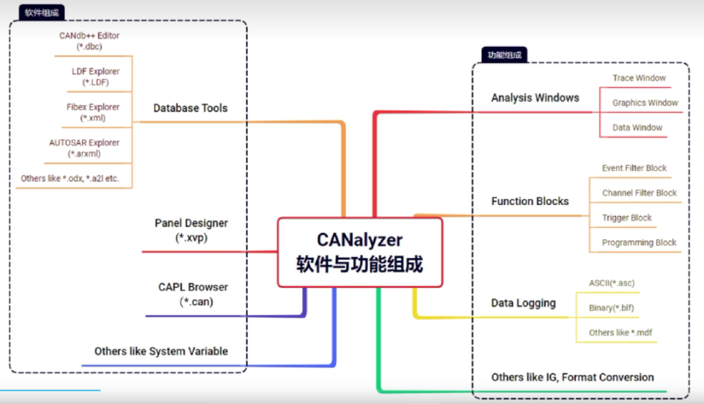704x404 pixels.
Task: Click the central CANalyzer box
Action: [360, 251]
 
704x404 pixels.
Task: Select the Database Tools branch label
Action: [190, 108]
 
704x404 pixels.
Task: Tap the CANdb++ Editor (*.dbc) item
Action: [89, 40]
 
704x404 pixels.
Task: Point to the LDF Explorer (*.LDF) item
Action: [95, 76]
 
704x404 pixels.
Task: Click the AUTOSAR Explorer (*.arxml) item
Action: [84, 148]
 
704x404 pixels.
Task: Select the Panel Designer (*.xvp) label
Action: [191, 230]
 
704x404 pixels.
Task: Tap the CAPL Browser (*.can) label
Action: [193, 294]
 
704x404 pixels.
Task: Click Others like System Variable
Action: [161, 351]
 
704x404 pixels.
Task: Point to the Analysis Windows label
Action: [535, 98]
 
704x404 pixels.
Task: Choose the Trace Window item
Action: [639, 78]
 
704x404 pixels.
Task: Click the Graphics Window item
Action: [645, 103]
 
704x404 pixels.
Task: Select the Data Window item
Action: [637, 128]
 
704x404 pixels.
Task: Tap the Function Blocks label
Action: [529, 201]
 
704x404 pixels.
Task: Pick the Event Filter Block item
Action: [634, 168]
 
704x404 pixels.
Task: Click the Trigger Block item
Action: [627, 218]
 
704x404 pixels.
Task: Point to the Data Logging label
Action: [523, 303]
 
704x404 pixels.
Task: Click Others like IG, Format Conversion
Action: [572, 378]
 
